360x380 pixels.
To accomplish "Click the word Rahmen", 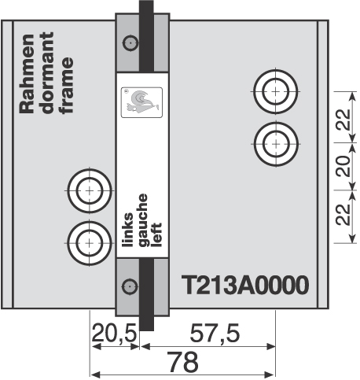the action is [x=28, y=74].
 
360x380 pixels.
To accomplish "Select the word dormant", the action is [x=47, y=73].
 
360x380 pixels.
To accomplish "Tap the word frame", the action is [x=66, y=86].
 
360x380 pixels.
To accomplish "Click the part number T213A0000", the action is [x=245, y=285].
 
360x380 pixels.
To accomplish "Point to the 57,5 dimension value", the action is [x=215, y=334].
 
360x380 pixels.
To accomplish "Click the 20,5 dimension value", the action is [x=115, y=334].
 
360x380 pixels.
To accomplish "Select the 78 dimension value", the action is [x=182, y=362].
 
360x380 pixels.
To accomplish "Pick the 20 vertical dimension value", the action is [x=343, y=166].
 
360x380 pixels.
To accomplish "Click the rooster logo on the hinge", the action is [x=141, y=102].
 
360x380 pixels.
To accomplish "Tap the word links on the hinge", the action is [x=128, y=230].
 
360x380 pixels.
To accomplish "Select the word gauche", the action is [x=143, y=220].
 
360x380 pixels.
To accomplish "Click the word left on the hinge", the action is [x=156, y=235].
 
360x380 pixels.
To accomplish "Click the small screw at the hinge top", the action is [x=130, y=42].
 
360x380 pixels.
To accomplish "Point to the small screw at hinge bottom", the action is [x=130, y=286].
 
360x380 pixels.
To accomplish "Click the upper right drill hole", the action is [x=275, y=91].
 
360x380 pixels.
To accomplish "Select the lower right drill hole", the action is [x=276, y=144].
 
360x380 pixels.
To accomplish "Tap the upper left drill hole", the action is [x=90, y=190].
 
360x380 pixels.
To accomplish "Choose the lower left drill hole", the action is [x=90, y=243].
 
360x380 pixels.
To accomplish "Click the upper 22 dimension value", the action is [x=343, y=120].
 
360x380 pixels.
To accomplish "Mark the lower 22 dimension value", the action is [x=343, y=214].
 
